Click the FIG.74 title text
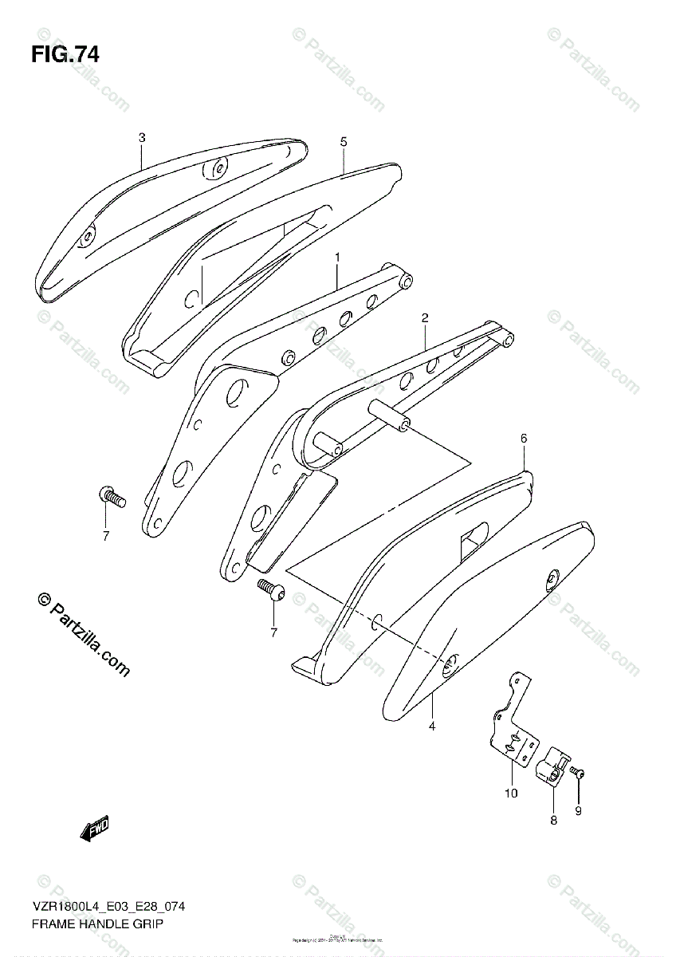65,55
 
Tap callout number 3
142,137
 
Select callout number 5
344,141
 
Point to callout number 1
337,258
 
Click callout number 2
426,318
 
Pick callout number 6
524,438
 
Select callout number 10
510,793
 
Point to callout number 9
579,811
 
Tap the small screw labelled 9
578,773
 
